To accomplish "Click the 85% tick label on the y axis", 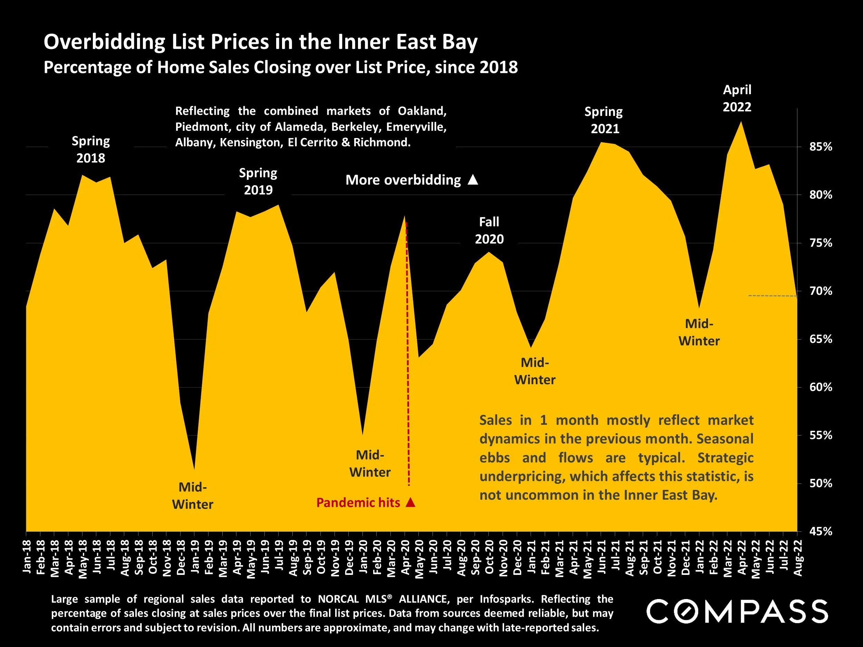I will [x=821, y=147].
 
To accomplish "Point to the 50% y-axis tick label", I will [x=821, y=483].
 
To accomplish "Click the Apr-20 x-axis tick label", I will [x=405, y=558].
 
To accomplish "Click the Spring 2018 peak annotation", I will [x=90, y=149].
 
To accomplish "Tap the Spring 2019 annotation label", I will [x=258, y=182].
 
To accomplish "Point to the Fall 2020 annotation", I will [x=489, y=231].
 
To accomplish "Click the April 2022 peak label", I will [x=737, y=98].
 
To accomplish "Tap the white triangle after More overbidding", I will [x=473, y=180].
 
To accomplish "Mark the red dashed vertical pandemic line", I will [x=408, y=351].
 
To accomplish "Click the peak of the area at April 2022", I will [x=740, y=122].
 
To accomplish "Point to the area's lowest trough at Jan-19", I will [x=194, y=469].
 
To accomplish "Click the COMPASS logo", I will [x=737, y=611].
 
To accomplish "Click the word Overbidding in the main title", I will [x=105, y=42].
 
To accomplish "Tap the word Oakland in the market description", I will [x=422, y=111].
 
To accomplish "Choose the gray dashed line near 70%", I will [x=773, y=296].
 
